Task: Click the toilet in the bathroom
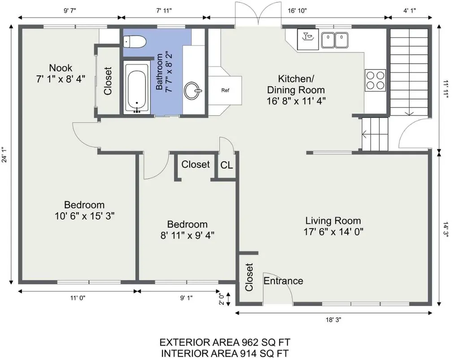[134, 42]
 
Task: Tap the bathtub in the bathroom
[137, 88]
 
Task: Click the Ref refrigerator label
[225, 90]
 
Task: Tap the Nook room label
[61, 68]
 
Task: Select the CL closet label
[226, 165]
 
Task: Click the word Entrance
[283, 281]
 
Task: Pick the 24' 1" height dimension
[4, 154]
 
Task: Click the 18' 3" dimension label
[333, 320]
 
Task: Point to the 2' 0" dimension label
[222, 299]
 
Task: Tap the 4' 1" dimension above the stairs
[410, 11]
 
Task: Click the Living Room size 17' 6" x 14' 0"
[333, 232]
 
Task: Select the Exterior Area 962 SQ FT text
[225, 342]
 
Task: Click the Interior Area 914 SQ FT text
[225, 353]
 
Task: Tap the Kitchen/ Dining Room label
[296, 84]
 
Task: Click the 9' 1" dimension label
[186, 298]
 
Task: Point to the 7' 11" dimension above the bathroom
[164, 11]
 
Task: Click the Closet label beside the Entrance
[249, 277]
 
